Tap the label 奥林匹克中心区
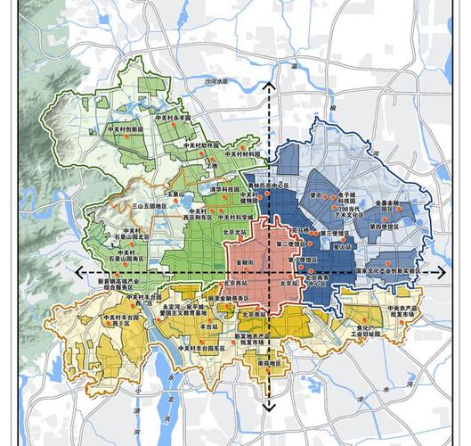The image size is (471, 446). (x=269, y=188)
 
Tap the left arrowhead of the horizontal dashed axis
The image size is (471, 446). (x=78, y=272)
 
